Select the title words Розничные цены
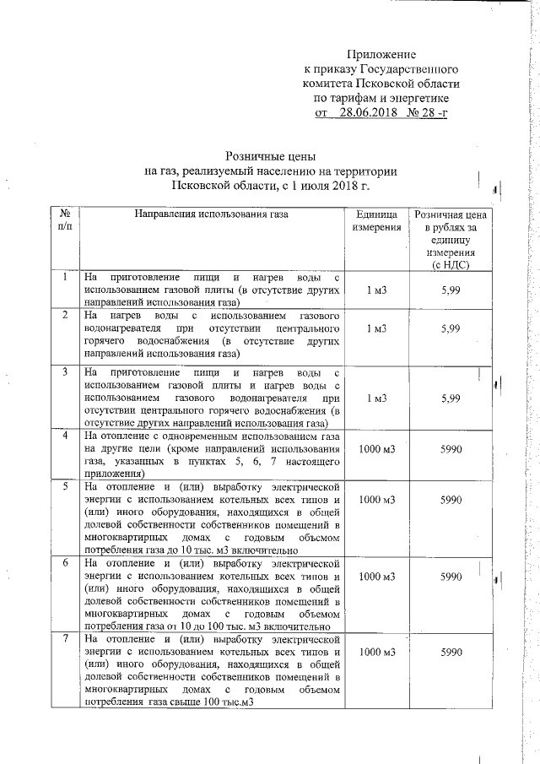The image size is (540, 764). point(271,157)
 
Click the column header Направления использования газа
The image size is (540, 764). point(212,214)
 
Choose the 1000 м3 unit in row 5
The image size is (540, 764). point(376,501)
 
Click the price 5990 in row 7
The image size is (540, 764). point(451,653)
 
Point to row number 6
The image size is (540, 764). point(65,562)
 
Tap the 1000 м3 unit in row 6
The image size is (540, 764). point(376,577)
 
